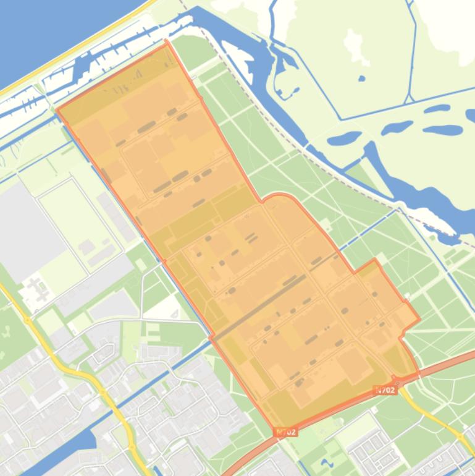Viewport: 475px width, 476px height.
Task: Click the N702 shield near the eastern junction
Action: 385,390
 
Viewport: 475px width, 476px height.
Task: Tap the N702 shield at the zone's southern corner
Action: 287,431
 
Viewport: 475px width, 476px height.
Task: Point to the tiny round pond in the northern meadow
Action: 361,79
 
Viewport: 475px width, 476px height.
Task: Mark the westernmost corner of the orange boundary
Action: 57,111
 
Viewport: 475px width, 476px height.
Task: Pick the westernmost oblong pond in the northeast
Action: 343,137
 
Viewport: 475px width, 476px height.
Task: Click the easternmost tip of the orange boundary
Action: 419,320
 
